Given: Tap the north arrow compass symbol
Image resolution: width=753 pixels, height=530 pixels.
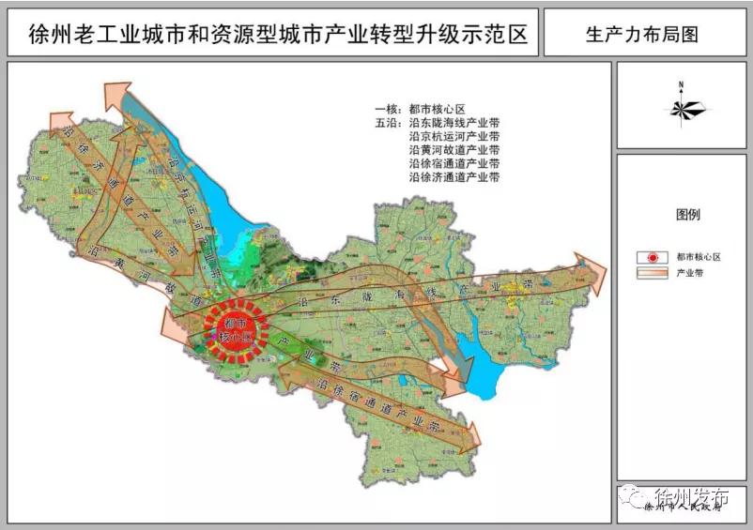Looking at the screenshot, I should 682,106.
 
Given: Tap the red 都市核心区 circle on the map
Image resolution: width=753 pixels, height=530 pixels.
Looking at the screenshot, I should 236,329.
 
